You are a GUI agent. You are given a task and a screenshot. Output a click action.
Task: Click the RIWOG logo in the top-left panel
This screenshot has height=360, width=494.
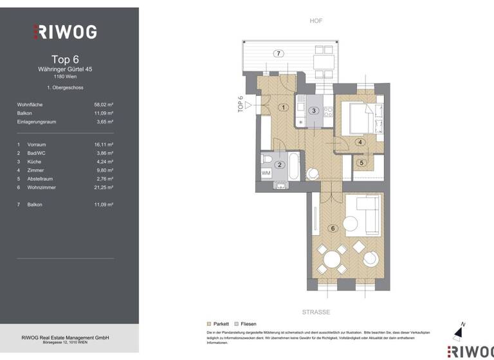(x=65, y=32)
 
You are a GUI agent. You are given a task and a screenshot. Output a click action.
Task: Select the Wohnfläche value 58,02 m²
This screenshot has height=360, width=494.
(x=103, y=104)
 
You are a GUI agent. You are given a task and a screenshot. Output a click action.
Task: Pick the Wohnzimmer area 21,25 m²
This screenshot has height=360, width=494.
(x=103, y=187)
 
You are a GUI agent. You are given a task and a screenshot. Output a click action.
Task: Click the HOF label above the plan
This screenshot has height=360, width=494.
(x=316, y=21)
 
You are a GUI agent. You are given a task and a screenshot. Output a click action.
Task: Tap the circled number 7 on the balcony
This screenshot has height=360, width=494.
(x=278, y=53)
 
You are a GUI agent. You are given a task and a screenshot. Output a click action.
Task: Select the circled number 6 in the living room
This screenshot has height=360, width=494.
(x=333, y=228)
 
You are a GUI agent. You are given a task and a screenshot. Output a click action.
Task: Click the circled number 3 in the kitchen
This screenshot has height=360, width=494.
(x=313, y=111)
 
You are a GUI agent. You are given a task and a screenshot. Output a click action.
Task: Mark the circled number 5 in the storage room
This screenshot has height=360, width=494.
(x=361, y=163)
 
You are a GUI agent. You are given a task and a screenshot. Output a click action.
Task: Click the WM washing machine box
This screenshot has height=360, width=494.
(x=266, y=173)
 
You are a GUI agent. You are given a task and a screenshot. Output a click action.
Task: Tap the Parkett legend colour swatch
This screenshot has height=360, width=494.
(x=208, y=325)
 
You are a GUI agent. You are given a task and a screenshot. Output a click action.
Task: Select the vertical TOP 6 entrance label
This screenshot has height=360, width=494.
(x=241, y=105)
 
